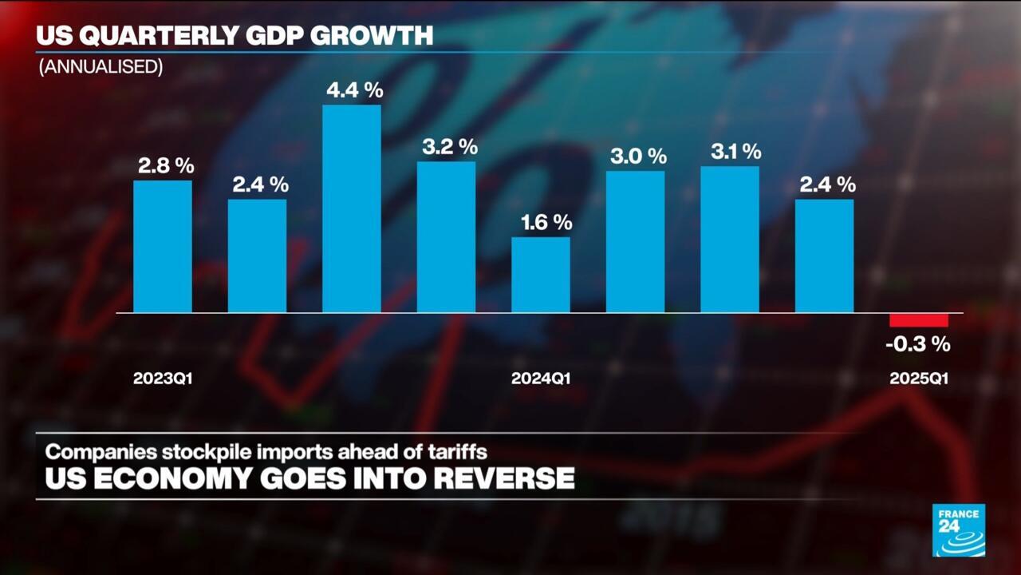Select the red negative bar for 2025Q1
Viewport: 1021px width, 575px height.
point(919,320)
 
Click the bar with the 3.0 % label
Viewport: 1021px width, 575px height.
point(635,241)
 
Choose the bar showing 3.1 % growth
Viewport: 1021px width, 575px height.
point(730,239)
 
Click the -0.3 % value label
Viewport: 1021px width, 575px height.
point(918,345)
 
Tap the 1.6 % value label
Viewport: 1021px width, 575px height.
point(542,222)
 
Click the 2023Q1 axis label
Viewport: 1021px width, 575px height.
point(163,379)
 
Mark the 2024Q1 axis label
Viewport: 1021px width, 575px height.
point(541,379)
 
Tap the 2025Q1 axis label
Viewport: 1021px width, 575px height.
point(919,379)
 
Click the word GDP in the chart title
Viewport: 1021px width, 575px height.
point(278,36)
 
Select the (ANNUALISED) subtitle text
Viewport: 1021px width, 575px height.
point(101,67)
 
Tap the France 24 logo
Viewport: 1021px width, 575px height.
point(959,529)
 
